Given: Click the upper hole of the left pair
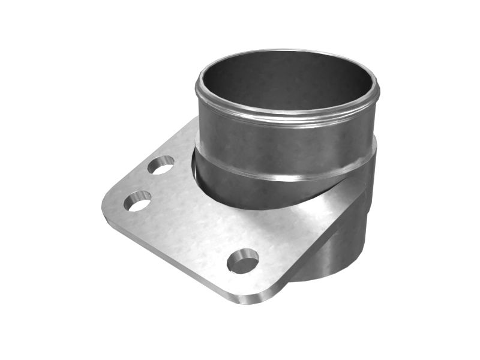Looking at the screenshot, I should (161, 164).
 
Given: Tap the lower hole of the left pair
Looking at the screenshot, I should (137, 201).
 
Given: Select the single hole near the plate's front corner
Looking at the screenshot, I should (243, 261).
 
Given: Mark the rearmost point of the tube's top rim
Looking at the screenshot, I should (288, 50).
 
